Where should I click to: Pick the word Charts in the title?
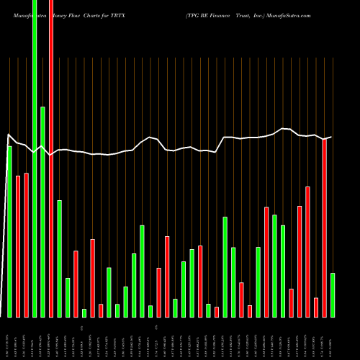tap(96, 14)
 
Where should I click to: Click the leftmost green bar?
tap(9, 230)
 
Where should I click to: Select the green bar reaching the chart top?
tap(34, 158)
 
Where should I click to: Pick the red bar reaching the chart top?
tap(50, 158)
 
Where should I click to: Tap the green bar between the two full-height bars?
tap(42, 212)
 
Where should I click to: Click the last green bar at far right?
tap(333, 295)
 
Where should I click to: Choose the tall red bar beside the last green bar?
tap(325, 228)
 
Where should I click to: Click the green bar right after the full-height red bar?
tap(59, 259)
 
